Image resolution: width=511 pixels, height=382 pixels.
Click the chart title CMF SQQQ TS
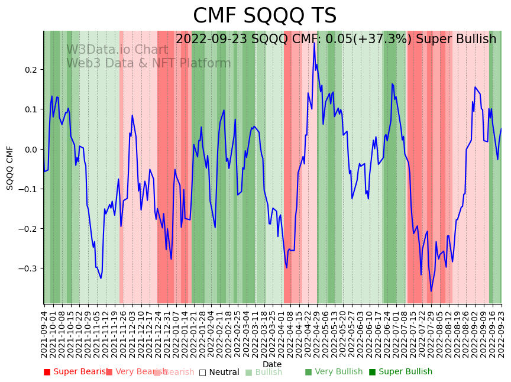[x=264, y=16]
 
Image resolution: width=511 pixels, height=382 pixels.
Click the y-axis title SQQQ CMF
[x=10, y=167]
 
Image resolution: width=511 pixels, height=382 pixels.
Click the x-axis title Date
[x=272, y=364]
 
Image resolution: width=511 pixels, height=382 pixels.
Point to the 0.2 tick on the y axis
[x=30, y=70]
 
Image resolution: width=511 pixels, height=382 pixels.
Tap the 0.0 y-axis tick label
[x=30, y=149]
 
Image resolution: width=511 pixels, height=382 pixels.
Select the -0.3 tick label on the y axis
[x=28, y=268]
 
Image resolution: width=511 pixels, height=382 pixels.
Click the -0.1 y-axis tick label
[x=28, y=189]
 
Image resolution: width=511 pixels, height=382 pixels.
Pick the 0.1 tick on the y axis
[x=30, y=109]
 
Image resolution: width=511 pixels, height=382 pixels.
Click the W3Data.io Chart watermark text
[x=117, y=50]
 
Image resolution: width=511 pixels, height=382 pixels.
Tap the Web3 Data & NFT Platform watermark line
[x=148, y=63]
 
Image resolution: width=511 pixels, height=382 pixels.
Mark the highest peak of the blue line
[x=314, y=44]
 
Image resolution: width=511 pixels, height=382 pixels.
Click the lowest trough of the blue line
[x=431, y=291]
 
